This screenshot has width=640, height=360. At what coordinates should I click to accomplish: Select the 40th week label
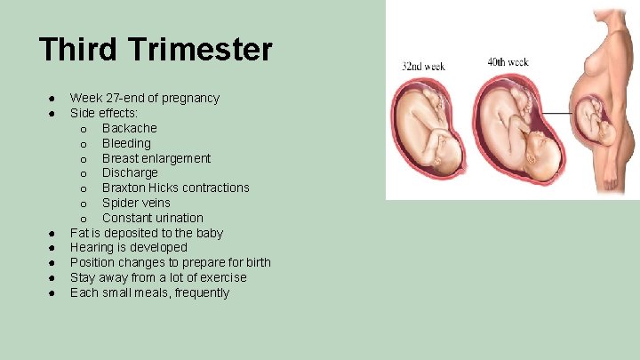click(x=508, y=62)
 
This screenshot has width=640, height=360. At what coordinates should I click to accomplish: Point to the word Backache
click(x=130, y=128)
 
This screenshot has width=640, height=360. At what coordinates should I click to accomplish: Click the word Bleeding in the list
click(x=126, y=143)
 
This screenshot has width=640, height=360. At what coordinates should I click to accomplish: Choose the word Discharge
click(x=130, y=172)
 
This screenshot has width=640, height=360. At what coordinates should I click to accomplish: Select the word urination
click(x=178, y=218)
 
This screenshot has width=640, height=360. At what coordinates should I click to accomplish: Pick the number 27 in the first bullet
click(x=117, y=98)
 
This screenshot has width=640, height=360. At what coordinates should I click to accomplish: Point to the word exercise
click(x=217, y=277)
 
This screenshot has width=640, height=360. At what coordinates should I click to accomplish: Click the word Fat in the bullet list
click(x=79, y=233)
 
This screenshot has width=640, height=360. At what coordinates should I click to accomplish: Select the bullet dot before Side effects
click(x=53, y=113)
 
